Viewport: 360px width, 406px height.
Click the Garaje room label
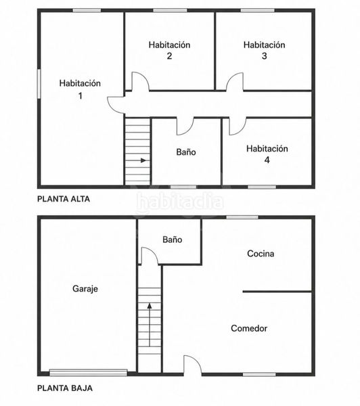click(x=85, y=289)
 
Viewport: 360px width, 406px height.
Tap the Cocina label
click(x=261, y=254)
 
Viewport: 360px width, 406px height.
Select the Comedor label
click(x=249, y=328)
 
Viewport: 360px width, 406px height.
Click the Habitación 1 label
click(x=80, y=89)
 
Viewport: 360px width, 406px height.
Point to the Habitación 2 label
click(x=169, y=50)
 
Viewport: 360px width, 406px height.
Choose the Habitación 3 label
click(x=264, y=50)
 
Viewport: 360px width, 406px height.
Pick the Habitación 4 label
click(x=267, y=154)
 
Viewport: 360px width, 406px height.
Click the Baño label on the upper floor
click(x=186, y=152)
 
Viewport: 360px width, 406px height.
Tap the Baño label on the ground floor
click(x=173, y=240)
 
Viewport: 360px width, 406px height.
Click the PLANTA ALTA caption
click(x=64, y=199)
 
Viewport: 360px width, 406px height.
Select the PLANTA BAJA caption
click(x=65, y=388)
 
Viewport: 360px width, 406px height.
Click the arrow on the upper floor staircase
click(x=143, y=160)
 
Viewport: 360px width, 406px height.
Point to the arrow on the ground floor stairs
click(x=150, y=325)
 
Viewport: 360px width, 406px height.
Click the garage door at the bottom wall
click(x=89, y=373)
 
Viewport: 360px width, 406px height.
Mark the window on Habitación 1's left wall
click(x=39, y=84)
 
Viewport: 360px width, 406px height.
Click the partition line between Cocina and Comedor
click(x=277, y=292)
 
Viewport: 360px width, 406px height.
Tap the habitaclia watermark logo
click(x=180, y=202)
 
